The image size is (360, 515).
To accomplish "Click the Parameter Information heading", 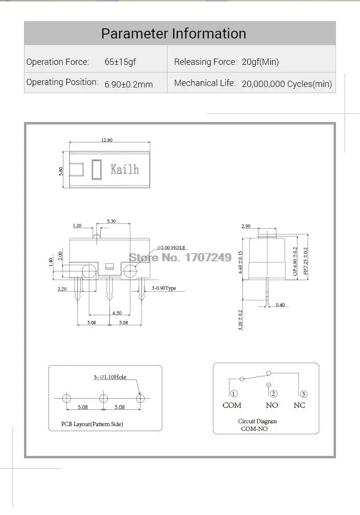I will (x=173, y=34).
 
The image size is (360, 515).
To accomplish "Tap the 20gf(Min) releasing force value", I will (x=260, y=62).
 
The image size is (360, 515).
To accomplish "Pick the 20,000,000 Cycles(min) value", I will (x=287, y=84).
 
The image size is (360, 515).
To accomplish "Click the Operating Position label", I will (x=62, y=82).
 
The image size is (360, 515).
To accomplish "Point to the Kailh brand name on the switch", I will (x=125, y=169).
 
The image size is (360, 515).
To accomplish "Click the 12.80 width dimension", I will (x=107, y=140).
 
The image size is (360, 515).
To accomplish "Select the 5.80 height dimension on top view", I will (x=61, y=171).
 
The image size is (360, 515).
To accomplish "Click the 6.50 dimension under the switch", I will (x=117, y=313).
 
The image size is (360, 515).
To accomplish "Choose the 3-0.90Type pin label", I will (x=164, y=288).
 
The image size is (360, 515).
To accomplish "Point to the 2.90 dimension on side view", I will (x=246, y=226).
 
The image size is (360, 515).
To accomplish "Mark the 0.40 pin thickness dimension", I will (x=280, y=305).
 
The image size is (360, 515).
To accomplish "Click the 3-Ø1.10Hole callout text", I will (x=110, y=377).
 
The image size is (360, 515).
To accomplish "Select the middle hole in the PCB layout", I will (x=103, y=398).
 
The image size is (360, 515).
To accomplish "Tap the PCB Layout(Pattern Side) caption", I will (x=92, y=424).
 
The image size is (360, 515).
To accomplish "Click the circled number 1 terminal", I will (x=234, y=394).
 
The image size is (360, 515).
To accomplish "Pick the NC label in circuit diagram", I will (x=299, y=405).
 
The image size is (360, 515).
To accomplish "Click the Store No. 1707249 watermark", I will (x=180, y=257).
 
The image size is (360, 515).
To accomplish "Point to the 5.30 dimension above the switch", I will (x=111, y=221).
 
